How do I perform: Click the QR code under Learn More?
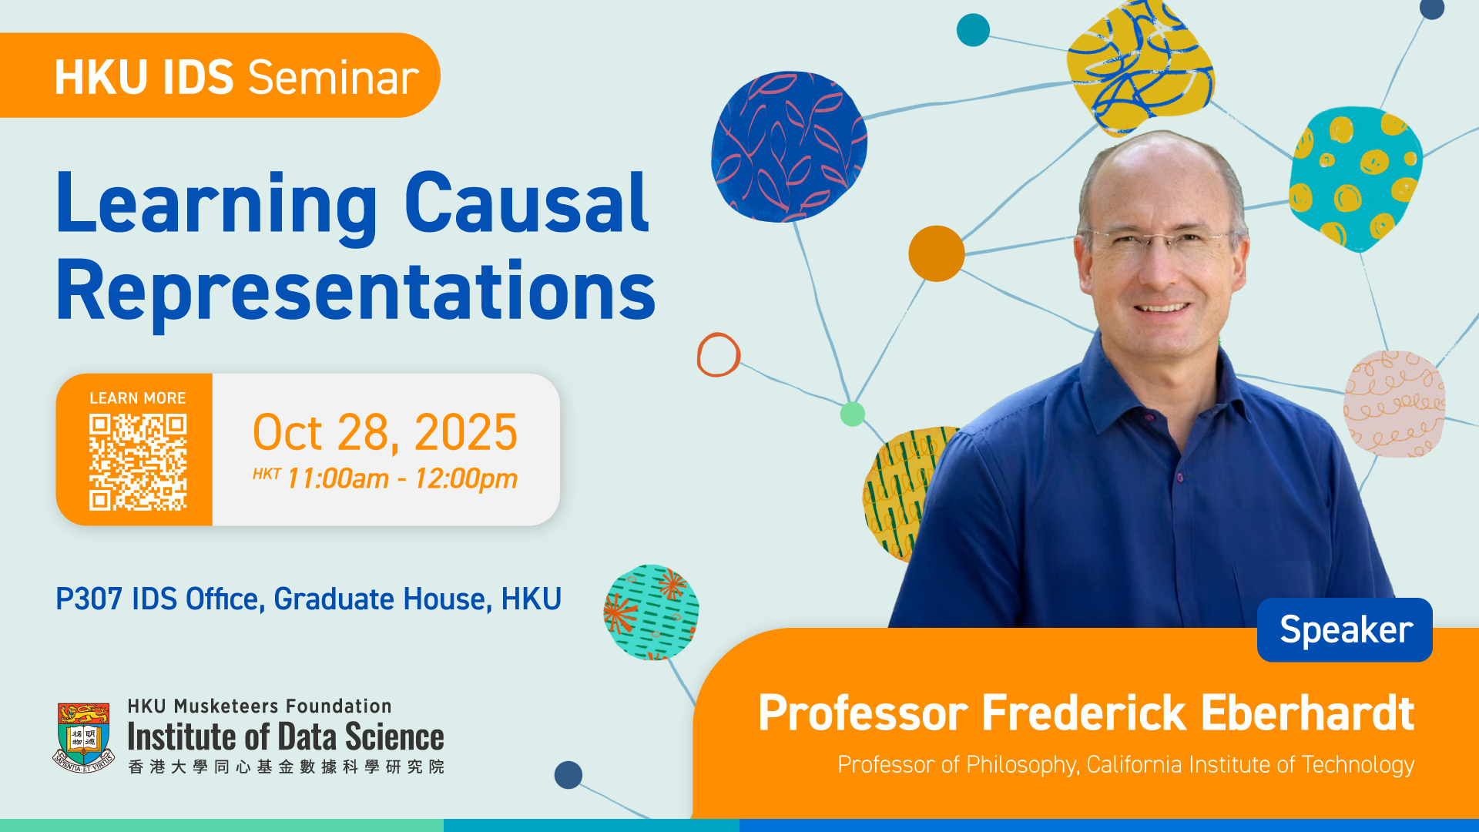tap(138, 462)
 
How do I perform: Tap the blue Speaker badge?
tap(1344, 629)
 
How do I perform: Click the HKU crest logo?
tap(83, 736)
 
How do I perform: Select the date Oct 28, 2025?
tap(385, 432)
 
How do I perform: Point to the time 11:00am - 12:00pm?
tap(402, 478)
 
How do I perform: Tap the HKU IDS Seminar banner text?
tap(236, 77)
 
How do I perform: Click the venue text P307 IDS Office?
tap(159, 599)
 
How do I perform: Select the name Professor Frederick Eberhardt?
tap(1086, 713)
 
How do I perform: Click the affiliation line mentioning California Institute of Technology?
tap(1126, 765)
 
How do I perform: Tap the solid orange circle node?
tap(937, 253)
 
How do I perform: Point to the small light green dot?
tap(852, 414)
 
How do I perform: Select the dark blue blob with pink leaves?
tap(789, 146)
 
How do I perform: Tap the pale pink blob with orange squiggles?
tap(1394, 404)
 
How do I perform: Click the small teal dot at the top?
tap(973, 30)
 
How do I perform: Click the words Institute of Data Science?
tap(286, 737)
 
